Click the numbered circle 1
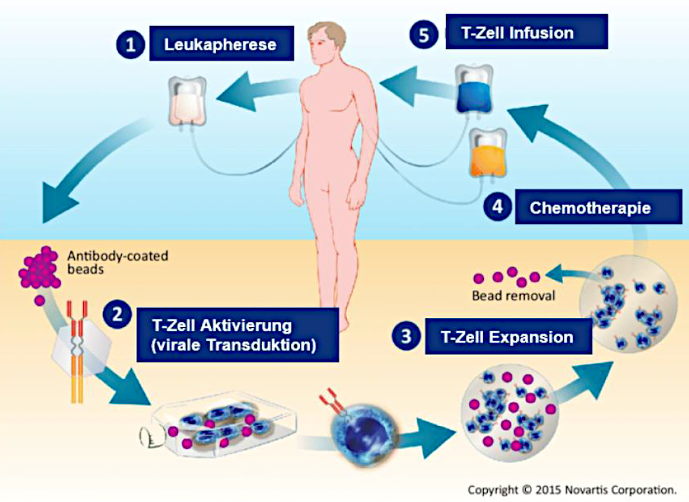coord(131,45)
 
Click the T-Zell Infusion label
coord(526,32)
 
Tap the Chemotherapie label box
coord(598,207)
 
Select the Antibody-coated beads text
coord(117,262)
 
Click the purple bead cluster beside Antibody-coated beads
coord(41,268)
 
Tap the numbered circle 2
coord(117,315)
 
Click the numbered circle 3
coord(406,336)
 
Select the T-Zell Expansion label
coord(508,337)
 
